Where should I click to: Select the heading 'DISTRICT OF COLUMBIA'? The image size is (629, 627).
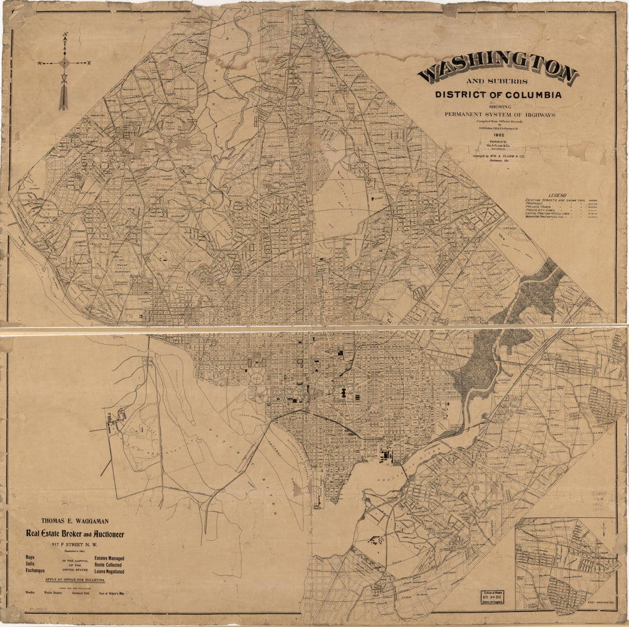pyautogui.click(x=497, y=95)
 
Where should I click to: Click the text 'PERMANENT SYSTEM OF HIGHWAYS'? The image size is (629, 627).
pyautogui.click(x=500, y=114)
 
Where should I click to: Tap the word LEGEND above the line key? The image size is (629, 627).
pyautogui.click(x=558, y=195)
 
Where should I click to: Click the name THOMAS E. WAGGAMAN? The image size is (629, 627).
pyautogui.click(x=74, y=521)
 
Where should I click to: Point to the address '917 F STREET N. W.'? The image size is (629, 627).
pyautogui.click(x=74, y=544)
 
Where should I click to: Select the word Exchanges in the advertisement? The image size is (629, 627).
pyautogui.click(x=35, y=570)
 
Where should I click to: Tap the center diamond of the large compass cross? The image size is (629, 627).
pyautogui.click(x=64, y=63)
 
